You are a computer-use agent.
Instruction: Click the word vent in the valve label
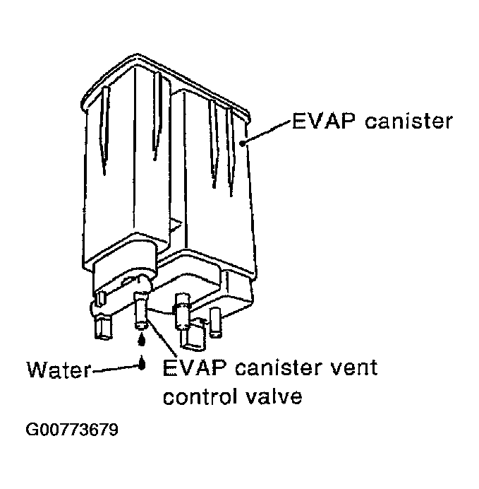tap(356, 368)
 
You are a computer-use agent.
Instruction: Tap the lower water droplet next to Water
tap(143, 363)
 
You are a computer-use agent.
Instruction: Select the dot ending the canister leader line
tap(242, 143)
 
